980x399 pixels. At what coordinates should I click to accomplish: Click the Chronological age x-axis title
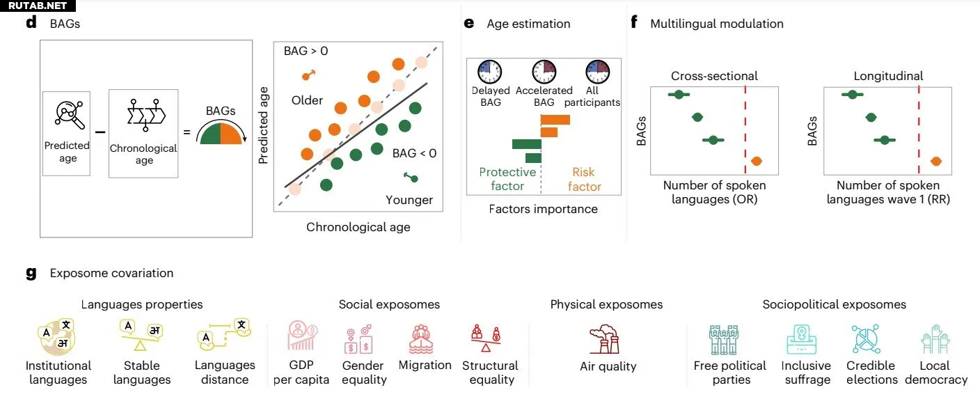coord(358,227)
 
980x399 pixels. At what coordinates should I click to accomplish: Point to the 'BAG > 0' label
coord(306,52)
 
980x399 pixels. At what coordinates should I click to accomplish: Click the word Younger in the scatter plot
coord(409,201)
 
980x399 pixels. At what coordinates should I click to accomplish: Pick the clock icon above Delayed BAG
coord(490,72)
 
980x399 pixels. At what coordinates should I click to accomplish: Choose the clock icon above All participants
coord(598,72)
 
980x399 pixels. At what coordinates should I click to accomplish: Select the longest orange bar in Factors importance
coord(555,120)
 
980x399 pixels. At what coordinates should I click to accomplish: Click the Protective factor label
coord(507,179)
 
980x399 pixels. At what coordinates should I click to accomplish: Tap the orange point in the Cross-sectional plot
coord(756,162)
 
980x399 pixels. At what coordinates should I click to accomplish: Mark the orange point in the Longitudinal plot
coord(936,162)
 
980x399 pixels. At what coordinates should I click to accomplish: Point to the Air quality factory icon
coord(605,339)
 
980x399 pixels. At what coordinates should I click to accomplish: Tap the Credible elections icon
coord(866,339)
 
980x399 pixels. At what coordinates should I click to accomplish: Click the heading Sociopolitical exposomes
coord(834,304)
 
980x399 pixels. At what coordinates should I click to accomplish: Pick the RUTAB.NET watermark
coord(38,6)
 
